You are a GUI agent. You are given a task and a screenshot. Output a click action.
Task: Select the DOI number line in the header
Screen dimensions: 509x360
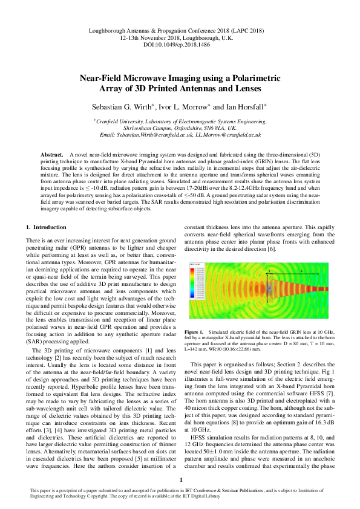180,44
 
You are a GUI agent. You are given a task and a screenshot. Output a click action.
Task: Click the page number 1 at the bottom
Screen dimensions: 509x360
180,480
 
